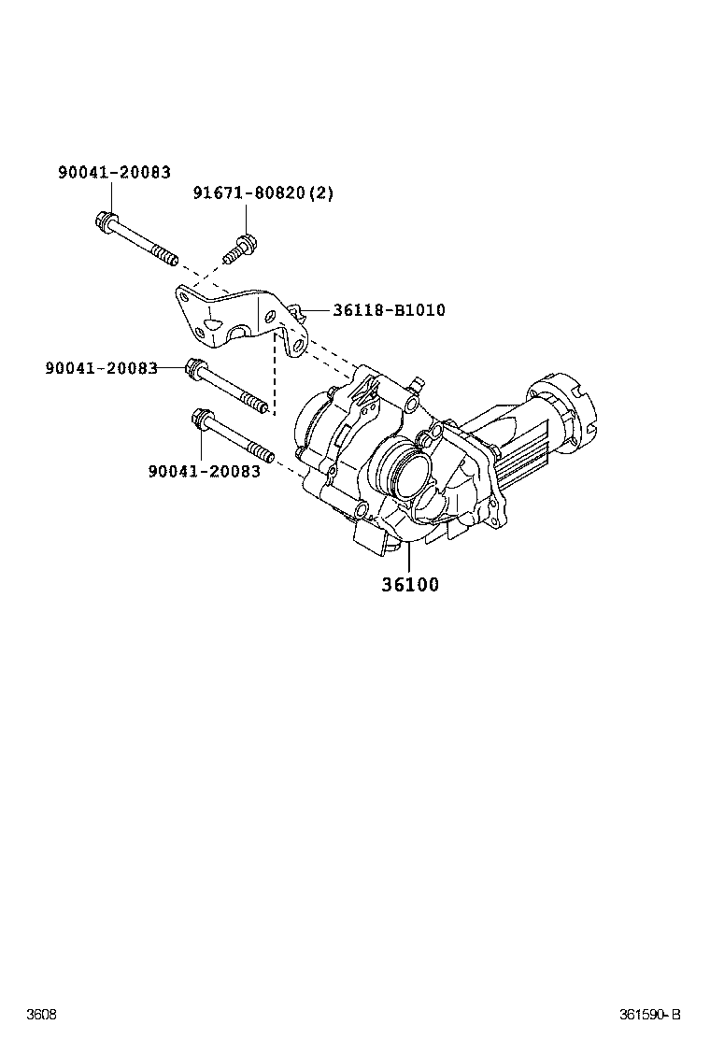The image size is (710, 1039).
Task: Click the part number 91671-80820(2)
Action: (x=263, y=193)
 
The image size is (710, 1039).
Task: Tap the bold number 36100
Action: (x=409, y=585)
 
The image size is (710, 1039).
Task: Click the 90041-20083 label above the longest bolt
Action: (x=114, y=172)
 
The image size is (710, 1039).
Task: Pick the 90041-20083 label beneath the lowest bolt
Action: (x=204, y=471)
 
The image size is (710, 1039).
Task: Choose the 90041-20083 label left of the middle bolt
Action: (x=101, y=368)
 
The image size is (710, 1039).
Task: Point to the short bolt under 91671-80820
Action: (x=238, y=249)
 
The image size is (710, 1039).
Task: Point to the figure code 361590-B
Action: (x=650, y=1015)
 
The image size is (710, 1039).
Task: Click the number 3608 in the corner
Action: (x=41, y=1015)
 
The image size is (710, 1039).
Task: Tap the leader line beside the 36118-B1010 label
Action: (x=316, y=309)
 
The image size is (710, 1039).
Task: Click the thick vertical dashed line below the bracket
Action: (x=275, y=374)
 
